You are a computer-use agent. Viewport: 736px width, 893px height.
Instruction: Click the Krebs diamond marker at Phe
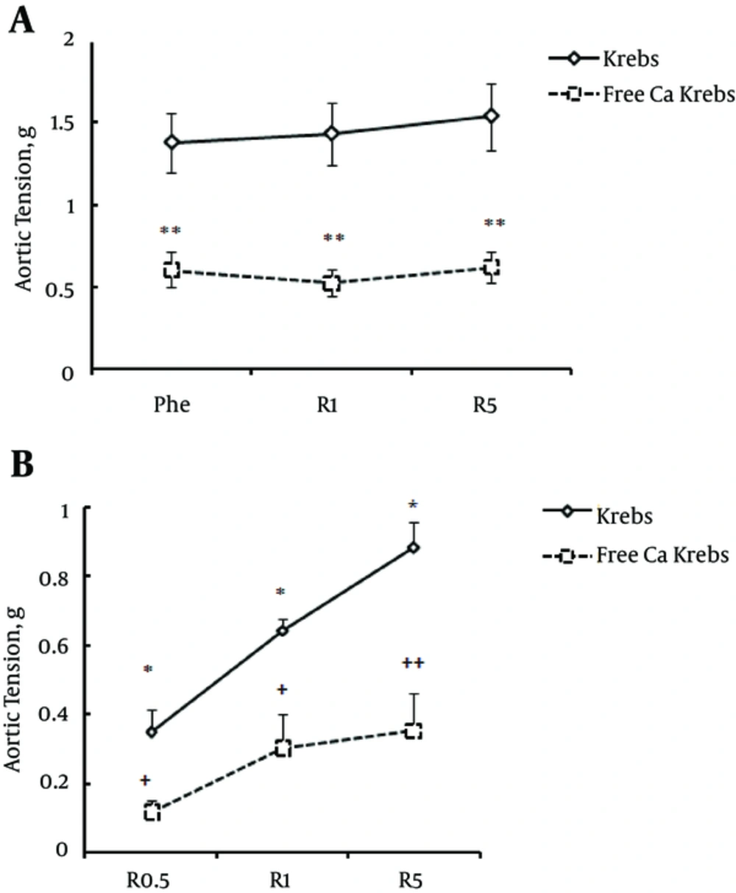pyautogui.click(x=172, y=142)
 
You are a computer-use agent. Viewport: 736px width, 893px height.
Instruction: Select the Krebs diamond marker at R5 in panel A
pyautogui.click(x=491, y=116)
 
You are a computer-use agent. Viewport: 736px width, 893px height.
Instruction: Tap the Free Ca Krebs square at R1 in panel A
pyautogui.click(x=332, y=283)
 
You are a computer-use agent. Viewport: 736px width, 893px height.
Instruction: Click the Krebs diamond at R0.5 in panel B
pyautogui.click(x=152, y=732)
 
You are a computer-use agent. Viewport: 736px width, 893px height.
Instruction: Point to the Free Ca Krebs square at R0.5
pyautogui.click(x=152, y=812)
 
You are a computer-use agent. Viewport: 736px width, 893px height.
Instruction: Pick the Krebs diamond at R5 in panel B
pyautogui.click(x=414, y=548)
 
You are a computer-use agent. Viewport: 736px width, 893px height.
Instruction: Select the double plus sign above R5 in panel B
pyautogui.click(x=413, y=663)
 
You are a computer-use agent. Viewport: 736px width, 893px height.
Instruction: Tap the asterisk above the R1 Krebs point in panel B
pyautogui.click(x=280, y=592)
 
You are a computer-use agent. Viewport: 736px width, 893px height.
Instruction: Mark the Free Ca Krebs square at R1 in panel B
pyautogui.click(x=283, y=749)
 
